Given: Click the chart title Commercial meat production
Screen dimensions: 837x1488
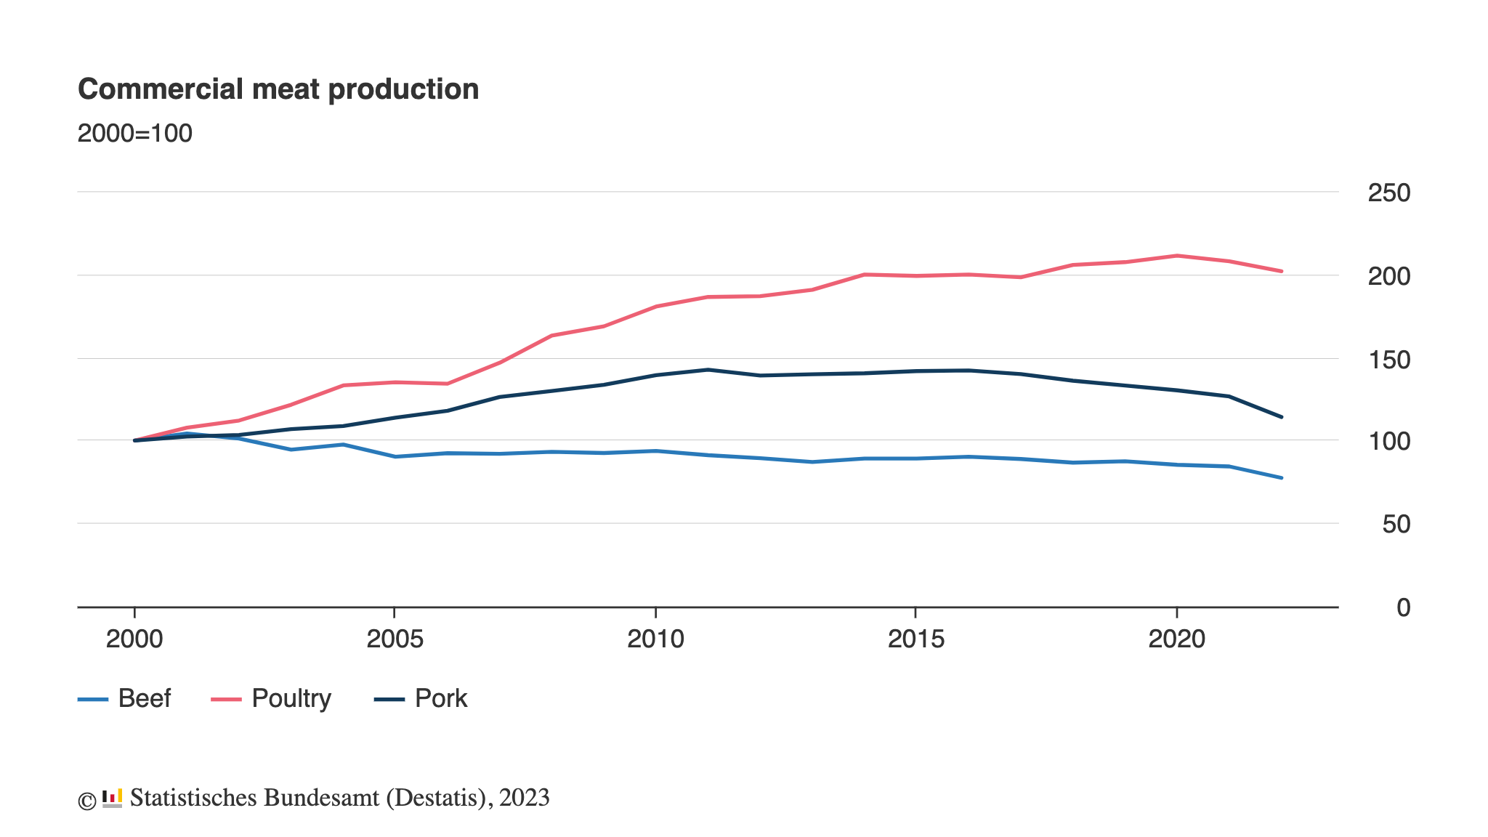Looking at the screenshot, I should click(x=278, y=89).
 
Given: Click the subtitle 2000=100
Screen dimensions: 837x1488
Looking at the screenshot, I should click(x=135, y=134).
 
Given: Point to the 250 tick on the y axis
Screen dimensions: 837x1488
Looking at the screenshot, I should click(x=1388, y=193).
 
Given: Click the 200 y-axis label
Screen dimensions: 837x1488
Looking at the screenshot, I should click(x=1388, y=277).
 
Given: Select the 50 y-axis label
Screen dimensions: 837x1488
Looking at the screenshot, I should click(x=1396, y=525).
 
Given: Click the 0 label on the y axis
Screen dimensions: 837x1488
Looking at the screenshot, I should click(x=1403, y=608).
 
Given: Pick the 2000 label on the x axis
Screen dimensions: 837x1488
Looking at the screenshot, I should click(x=134, y=639).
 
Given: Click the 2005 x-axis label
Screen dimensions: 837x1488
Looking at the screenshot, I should click(x=395, y=639).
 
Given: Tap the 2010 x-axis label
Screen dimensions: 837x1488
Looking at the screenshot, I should click(x=655, y=639).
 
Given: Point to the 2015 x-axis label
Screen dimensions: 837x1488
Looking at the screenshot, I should click(x=915, y=639).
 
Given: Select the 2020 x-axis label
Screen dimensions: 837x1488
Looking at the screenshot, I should click(x=1176, y=639).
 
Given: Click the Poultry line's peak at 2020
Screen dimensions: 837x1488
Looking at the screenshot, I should click(x=1176, y=256).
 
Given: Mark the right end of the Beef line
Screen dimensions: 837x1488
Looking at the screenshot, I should click(x=1282, y=478).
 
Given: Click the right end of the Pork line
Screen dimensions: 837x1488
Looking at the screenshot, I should click(x=1282, y=417).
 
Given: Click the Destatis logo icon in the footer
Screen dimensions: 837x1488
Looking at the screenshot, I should click(x=112, y=798).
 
